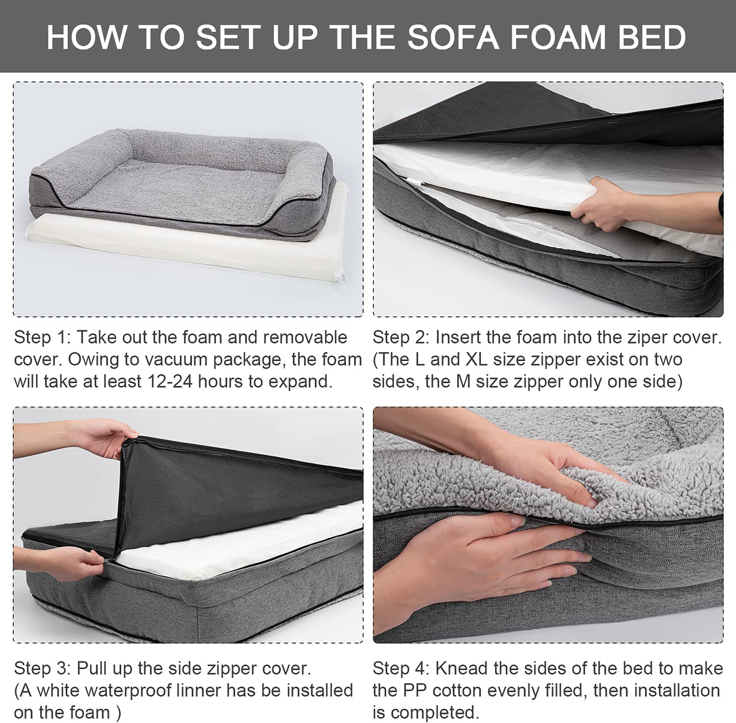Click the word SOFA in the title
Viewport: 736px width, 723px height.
pyautogui.click(x=453, y=38)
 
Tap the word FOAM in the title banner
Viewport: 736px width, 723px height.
pyautogui.click(x=558, y=38)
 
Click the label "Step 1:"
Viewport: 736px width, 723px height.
pyautogui.click(x=42, y=338)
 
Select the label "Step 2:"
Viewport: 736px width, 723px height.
pyautogui.click(x=401, y=338)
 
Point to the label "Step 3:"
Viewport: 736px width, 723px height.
pyautogui.click(x=42, y=669)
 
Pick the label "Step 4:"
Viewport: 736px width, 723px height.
pyautogui.click(x=401, y=669)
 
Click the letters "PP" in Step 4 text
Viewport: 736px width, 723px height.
pyautogui.click(x=415, y=690)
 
